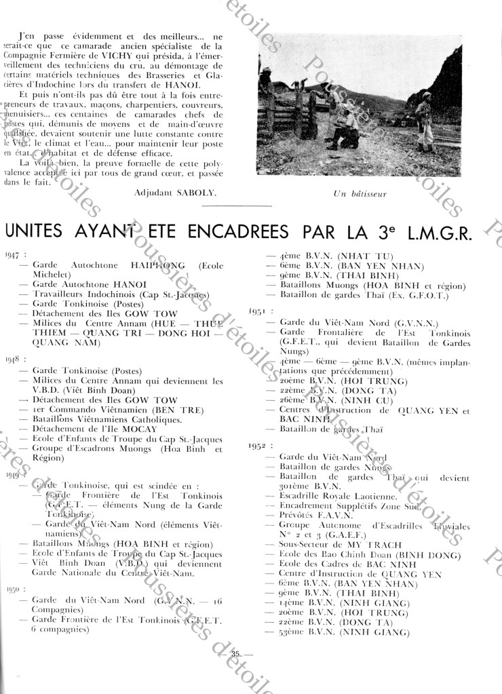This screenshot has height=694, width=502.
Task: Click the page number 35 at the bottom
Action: [x=236, y=653]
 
